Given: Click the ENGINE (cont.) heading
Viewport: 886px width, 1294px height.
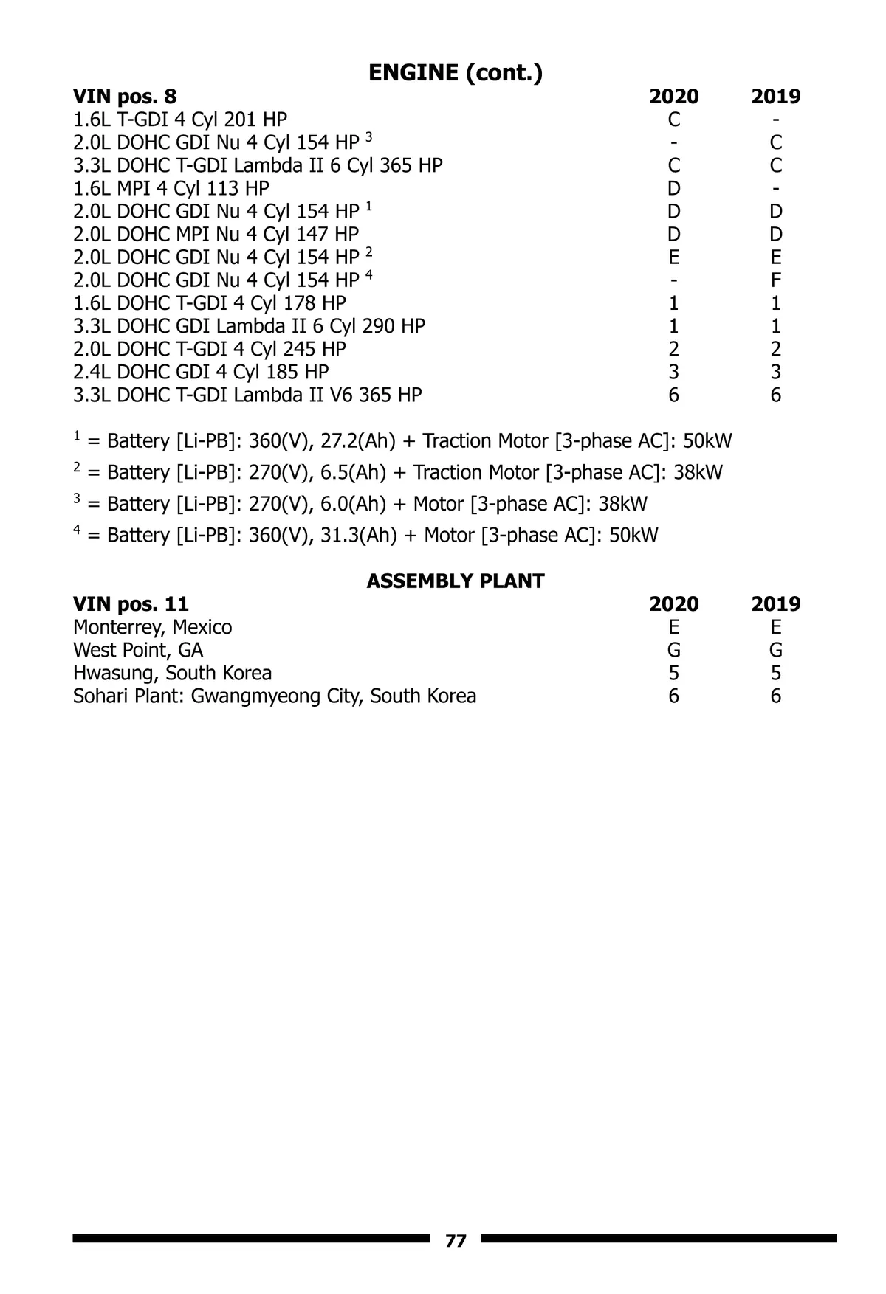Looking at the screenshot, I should point(455,72).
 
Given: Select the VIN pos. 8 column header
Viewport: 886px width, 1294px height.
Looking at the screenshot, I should point(125,97).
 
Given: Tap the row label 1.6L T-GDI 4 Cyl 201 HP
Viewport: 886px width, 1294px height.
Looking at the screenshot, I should point(180,120).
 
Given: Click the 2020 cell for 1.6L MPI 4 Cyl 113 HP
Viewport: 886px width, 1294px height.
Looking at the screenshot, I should point(673,188).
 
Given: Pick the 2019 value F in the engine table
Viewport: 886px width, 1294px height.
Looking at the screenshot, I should point(775,280).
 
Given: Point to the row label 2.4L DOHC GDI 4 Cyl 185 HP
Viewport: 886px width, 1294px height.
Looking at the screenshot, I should point(201,372).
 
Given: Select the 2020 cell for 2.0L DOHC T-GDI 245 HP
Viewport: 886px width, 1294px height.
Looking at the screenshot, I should point(673,349).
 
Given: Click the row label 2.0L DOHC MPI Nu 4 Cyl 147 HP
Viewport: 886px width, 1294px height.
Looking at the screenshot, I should point(216,235).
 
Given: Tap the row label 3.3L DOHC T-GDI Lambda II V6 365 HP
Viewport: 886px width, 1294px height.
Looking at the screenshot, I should point(247,395).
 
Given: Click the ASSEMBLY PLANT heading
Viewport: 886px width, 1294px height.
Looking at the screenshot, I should point(455,581).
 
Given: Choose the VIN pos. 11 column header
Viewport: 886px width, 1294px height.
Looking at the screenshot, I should point(131,604).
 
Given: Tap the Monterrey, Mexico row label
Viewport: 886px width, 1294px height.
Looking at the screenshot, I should point(152,627).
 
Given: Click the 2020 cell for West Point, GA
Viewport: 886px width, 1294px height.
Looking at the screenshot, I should point(673,650).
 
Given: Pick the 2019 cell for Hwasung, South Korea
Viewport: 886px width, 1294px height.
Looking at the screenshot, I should point(775,673).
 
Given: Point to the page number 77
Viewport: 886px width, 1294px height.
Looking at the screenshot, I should point(456,1240).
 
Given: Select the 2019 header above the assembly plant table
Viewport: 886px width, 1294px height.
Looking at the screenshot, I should point(775,604).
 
